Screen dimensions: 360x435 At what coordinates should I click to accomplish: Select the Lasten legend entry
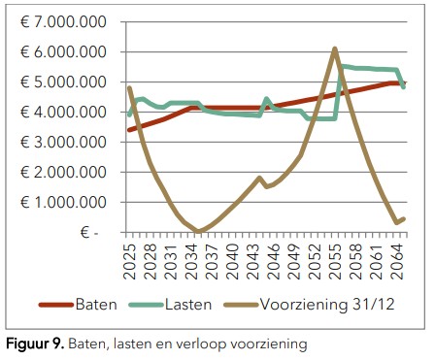(x=202, y=304)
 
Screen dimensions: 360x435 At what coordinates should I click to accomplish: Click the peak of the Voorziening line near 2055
(x=334, y=49)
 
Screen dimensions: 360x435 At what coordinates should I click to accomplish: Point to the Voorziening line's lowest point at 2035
(x=198, y=231)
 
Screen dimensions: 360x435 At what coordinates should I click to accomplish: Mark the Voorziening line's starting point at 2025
(x=129, y=88)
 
